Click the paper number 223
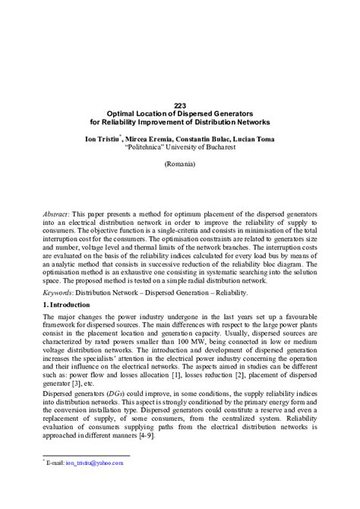coord(180,106)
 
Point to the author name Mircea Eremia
coord(161,139)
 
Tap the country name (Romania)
coord(180,164)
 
